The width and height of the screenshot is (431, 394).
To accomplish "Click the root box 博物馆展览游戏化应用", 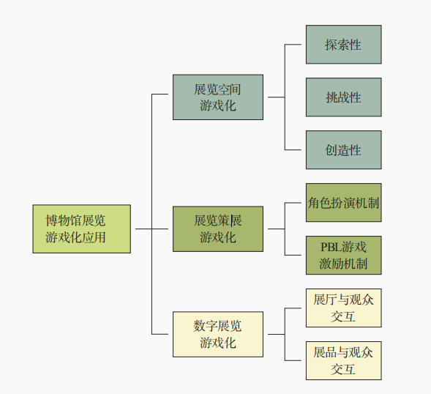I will [x=81, y=228].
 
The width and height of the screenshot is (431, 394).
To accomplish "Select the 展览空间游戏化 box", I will [x=217, y=97].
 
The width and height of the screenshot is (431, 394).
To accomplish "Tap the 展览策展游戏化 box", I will [x=217, y=228].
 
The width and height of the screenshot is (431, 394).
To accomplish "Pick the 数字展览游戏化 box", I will [x=217, y=334].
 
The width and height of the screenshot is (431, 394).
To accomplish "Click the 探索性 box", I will [x=343, y=45].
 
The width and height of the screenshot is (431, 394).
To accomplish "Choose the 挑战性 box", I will [x=343, y=97].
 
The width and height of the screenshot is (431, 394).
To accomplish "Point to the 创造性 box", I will [x=343, y=150].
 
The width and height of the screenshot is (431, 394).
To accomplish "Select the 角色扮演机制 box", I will [x=343, y=203].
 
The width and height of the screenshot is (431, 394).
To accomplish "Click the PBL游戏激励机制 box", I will [x=343, y=255].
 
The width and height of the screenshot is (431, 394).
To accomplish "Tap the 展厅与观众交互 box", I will [x=343, y=308].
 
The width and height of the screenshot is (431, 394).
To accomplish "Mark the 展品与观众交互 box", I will [x=343, y=360].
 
